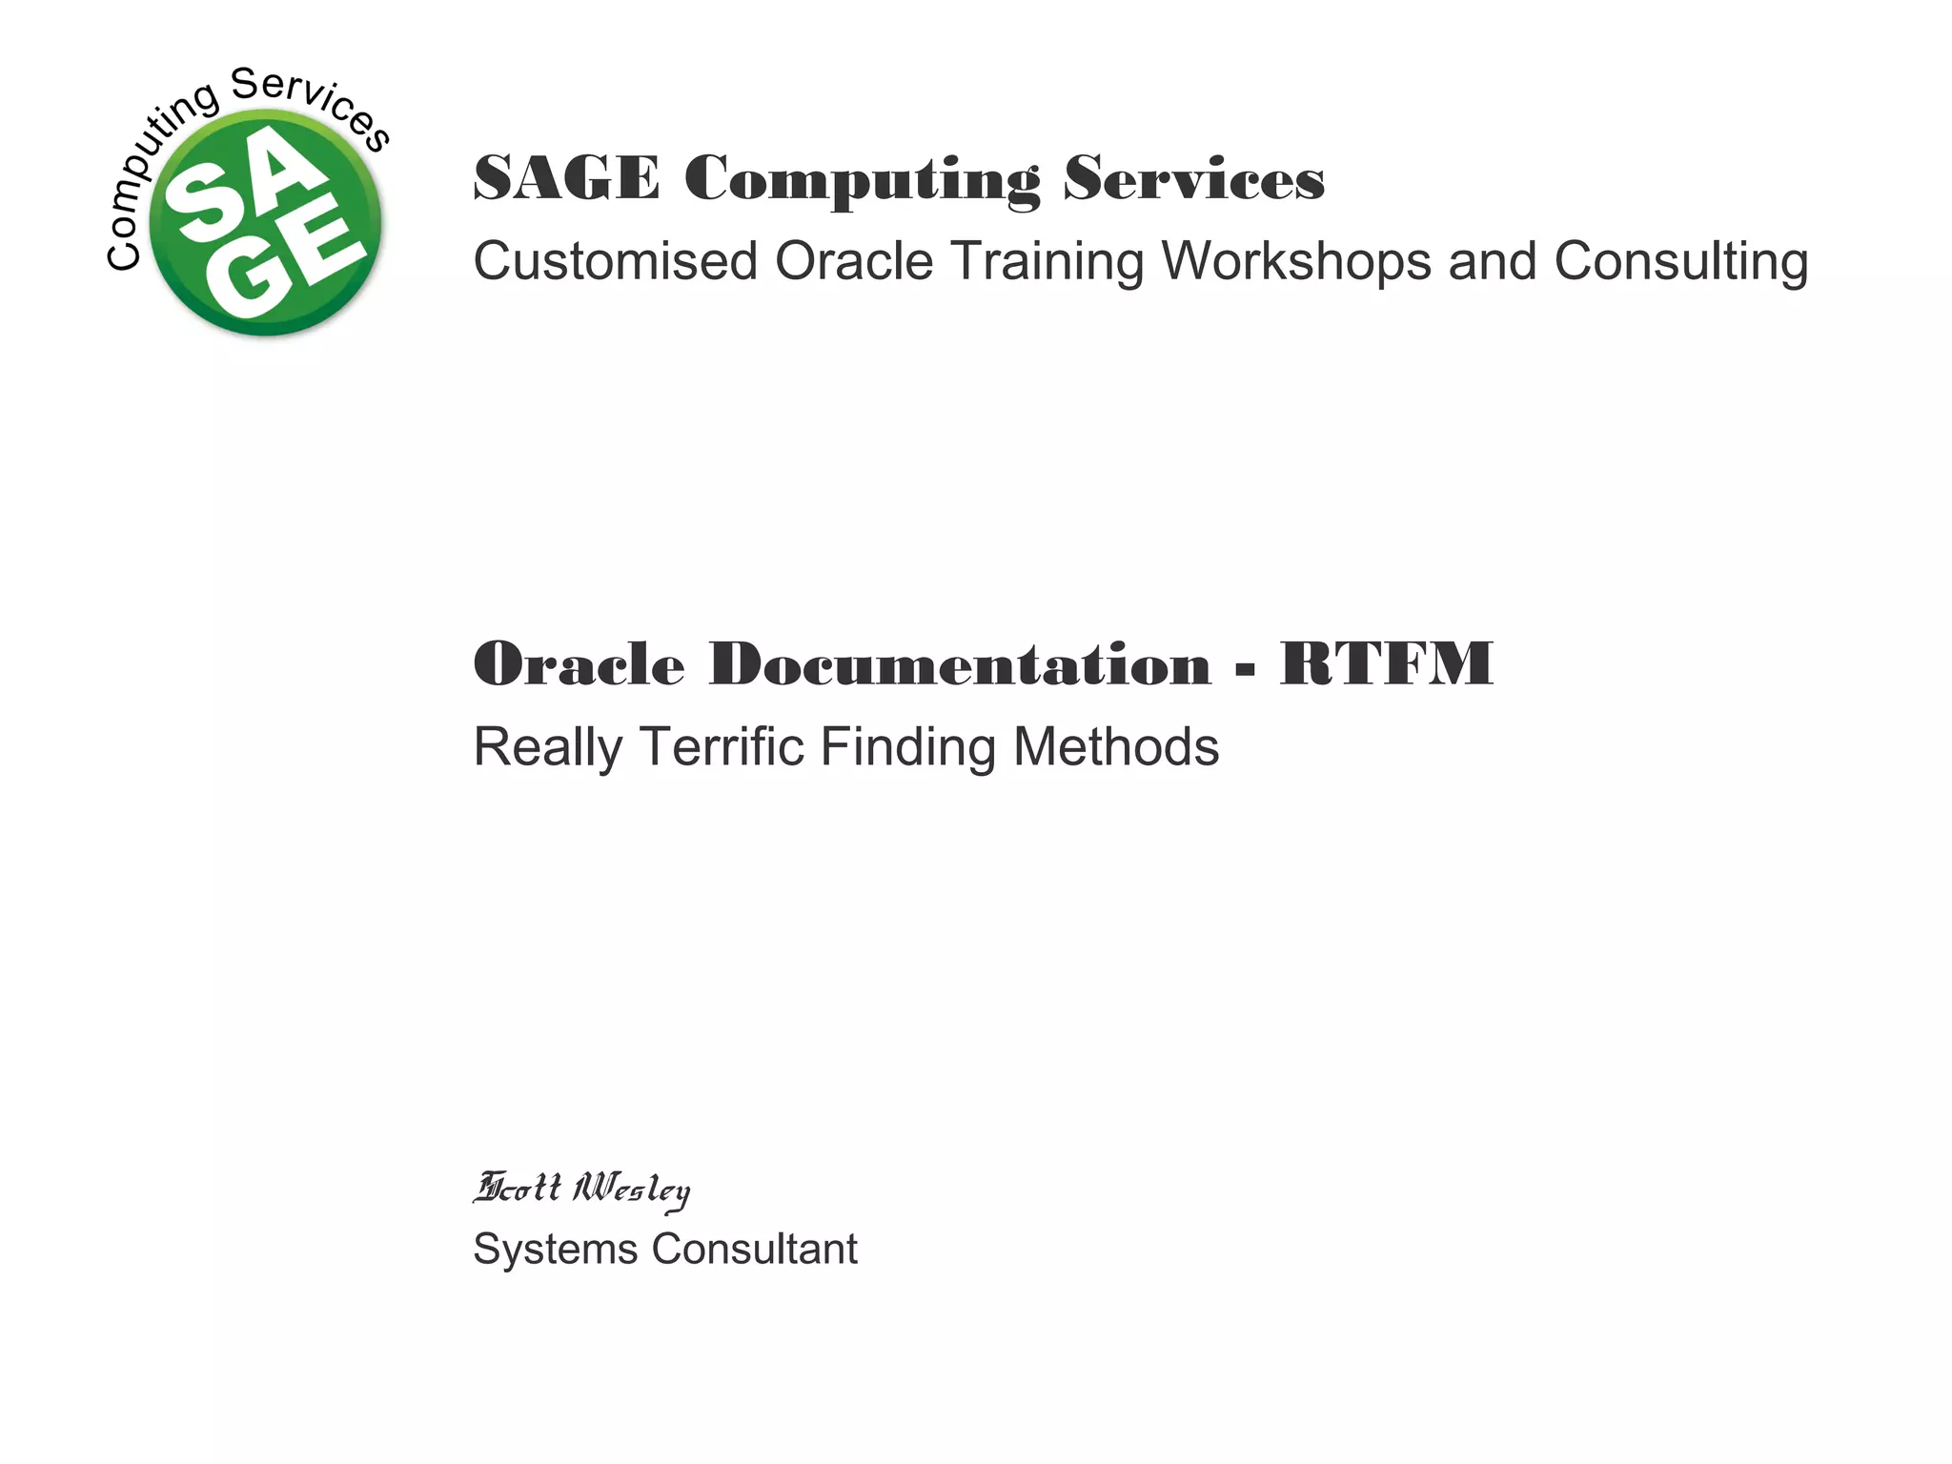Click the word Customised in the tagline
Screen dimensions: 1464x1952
click(615, 261)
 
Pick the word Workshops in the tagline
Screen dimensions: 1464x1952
click(1295, 261)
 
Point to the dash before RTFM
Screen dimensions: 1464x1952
click(1245, 672)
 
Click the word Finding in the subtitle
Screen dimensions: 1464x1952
click(906, 746)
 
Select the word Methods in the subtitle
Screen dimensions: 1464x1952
click(1115, 746)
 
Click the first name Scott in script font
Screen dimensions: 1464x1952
click(518, 1189)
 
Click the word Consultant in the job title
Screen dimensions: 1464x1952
click(754, 1250)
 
